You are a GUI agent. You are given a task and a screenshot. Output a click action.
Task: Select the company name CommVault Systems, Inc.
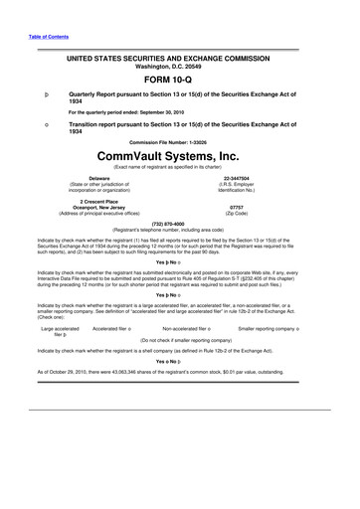point(179,156)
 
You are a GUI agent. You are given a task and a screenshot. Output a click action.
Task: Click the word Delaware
point(99,178)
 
